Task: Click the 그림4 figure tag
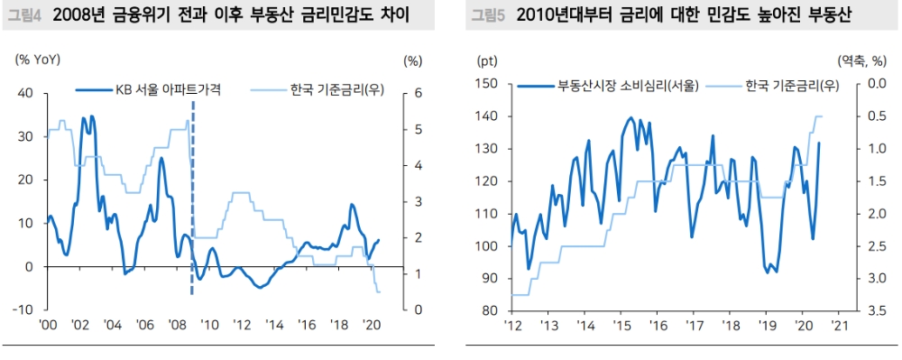click(x=24, y=15)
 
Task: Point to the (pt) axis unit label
click(x=487, y=60)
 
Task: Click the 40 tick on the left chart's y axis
click(x=25, y=93)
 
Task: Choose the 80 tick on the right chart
click(x=490, y=310)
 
